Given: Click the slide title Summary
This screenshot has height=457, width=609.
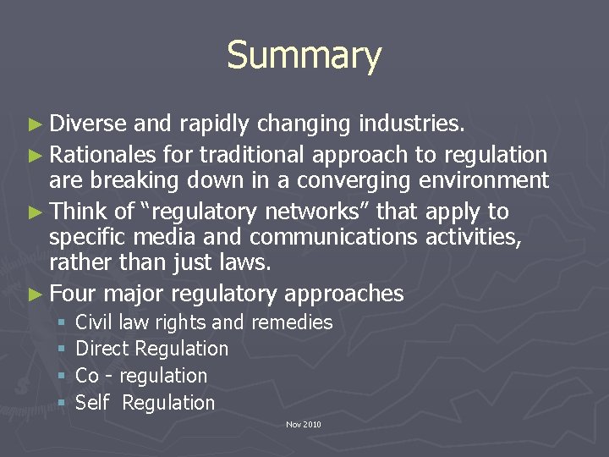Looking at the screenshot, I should (x=304, y=56).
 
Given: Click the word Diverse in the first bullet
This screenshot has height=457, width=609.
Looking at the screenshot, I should (x=88, y=124).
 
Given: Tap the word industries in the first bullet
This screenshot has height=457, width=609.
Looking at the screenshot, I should (x=411, y=124).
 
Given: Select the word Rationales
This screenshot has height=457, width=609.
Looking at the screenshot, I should (x=103, y=154).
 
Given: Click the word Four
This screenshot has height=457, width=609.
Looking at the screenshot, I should (x=76, y=294).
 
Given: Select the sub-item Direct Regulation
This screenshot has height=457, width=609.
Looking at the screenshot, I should (x=152, y=349).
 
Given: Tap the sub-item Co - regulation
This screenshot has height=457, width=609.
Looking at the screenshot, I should (x=141, y=376).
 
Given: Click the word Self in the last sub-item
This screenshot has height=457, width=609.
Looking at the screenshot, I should (x=92, y=403).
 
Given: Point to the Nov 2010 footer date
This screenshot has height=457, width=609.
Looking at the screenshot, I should (x=304, y=424).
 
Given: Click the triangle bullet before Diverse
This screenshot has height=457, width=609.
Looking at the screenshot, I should (x=36, y=125).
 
